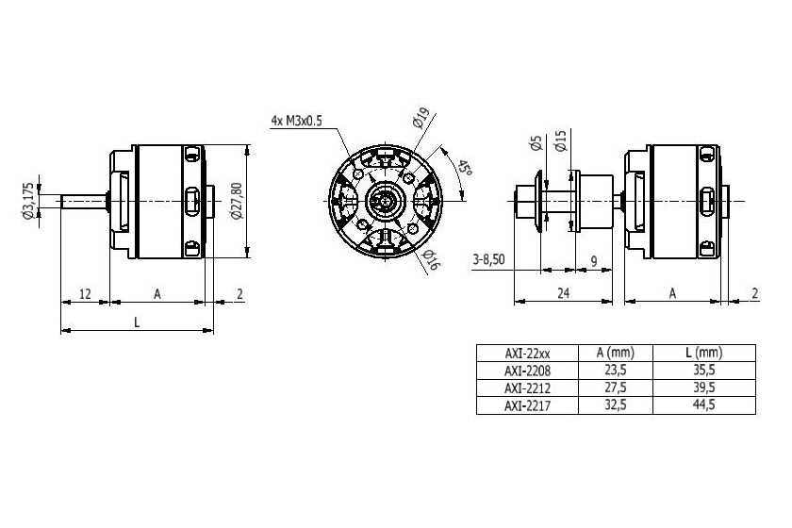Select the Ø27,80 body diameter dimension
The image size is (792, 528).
(x=237, y=201)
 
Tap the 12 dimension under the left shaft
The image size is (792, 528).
(x=85, y=294)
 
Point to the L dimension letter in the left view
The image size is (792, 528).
(x=137, y=322)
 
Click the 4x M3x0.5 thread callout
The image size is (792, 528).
(x=296, y=121)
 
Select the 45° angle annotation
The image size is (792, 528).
(x=465, y=172)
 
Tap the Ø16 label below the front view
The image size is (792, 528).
(x=431, y=260)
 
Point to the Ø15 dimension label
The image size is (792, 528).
(x=560, y=141)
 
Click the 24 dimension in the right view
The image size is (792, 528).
(x=563, y=294)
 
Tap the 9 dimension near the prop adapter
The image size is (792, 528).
(x=593, y=259)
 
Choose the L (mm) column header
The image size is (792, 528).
(x=705, y=353)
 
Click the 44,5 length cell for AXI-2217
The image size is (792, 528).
(x=705, y=404)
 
